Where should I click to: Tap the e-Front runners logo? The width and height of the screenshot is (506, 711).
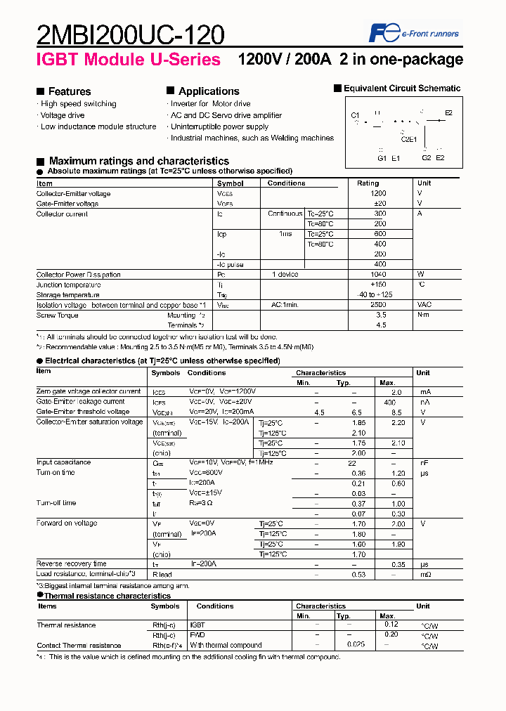[x=415, y=33]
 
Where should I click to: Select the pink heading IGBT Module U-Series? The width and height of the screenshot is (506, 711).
[x=129, y=60]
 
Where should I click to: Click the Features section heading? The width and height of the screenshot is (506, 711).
[x=69, y=91]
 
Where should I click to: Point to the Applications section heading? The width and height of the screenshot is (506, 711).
[x=208, y=91]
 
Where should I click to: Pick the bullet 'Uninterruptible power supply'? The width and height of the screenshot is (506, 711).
[x=219, y=126]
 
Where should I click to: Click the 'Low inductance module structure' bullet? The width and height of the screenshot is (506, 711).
[x=98, y=126]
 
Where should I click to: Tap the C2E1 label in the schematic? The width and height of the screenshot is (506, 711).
[x=408, y=139]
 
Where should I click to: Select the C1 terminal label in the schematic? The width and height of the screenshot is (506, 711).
[x=355, y=115]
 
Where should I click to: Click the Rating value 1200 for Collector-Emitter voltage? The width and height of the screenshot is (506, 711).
[x=379, y=193]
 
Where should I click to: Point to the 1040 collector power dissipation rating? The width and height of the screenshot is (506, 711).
[x=379, y=275]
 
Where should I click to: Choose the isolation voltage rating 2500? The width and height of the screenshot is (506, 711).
[x=379, y=305]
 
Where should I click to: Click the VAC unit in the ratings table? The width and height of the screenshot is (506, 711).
[x=424, y=305]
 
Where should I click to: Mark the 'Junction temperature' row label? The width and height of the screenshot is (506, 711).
[x=69, y=285]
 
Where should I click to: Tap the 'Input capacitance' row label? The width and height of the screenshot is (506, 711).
[x=63, y=462]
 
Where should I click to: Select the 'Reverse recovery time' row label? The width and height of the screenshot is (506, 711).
[x=71, y=563]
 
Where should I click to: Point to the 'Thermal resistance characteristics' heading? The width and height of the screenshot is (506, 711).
[x=108, y=596]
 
